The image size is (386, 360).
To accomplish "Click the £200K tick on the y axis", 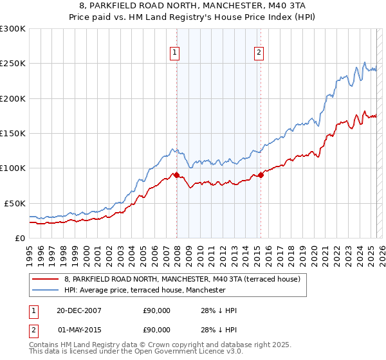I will (13, 98).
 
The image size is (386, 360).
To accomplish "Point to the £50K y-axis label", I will (15, 203).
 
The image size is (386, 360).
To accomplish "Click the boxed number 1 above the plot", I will (175, 53).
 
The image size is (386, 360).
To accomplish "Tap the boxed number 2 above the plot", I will (259, 53).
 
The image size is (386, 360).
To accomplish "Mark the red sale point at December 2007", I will (176, 175).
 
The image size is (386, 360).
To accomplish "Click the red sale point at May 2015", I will (261, 175).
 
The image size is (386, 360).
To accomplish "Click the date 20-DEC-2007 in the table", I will (78, 310).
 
